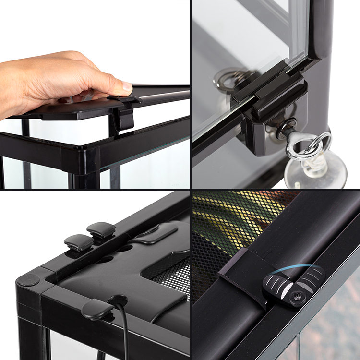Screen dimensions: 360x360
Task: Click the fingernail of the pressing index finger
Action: pos(127,87)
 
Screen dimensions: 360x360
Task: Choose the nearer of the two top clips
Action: pos(79,242)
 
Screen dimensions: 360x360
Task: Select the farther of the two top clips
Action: pos(101,230)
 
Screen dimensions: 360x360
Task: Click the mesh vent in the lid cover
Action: pos(168,274)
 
